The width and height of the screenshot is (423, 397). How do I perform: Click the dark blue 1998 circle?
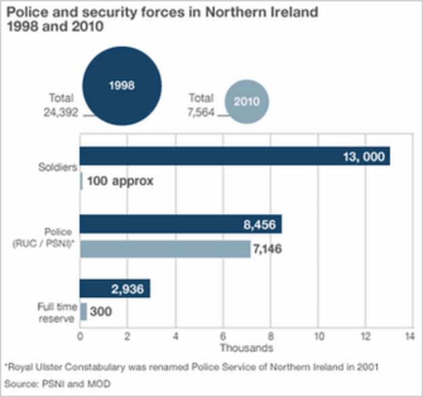point(122,86)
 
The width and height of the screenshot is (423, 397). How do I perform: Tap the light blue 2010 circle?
point(247,102)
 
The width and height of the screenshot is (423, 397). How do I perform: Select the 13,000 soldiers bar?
point(235,156)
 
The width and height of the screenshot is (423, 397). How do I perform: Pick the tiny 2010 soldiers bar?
point(81,181)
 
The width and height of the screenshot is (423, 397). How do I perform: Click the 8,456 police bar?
point(181,224)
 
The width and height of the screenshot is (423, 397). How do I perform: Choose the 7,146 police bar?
point(165,249)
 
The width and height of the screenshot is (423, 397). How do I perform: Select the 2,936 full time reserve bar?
point(115,289)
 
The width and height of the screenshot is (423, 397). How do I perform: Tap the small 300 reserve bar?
point(83,312)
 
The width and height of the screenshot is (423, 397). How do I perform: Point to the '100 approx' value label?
point(120,181)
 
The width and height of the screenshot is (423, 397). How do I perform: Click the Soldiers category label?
point(58,167)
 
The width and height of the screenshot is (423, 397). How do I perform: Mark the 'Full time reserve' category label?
point(57,312)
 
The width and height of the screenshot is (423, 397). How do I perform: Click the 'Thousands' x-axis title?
point(247,348)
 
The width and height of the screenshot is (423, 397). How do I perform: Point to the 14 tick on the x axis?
point(409,336)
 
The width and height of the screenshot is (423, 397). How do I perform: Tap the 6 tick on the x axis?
point(223,336)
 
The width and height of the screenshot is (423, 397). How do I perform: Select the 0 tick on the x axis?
point(80,336)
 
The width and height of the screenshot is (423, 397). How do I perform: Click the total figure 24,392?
point(61,112)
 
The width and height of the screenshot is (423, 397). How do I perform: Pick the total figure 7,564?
point(201,112)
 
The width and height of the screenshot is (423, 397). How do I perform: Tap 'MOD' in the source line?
point(99,383)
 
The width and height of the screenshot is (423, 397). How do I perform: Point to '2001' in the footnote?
point(367,367)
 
